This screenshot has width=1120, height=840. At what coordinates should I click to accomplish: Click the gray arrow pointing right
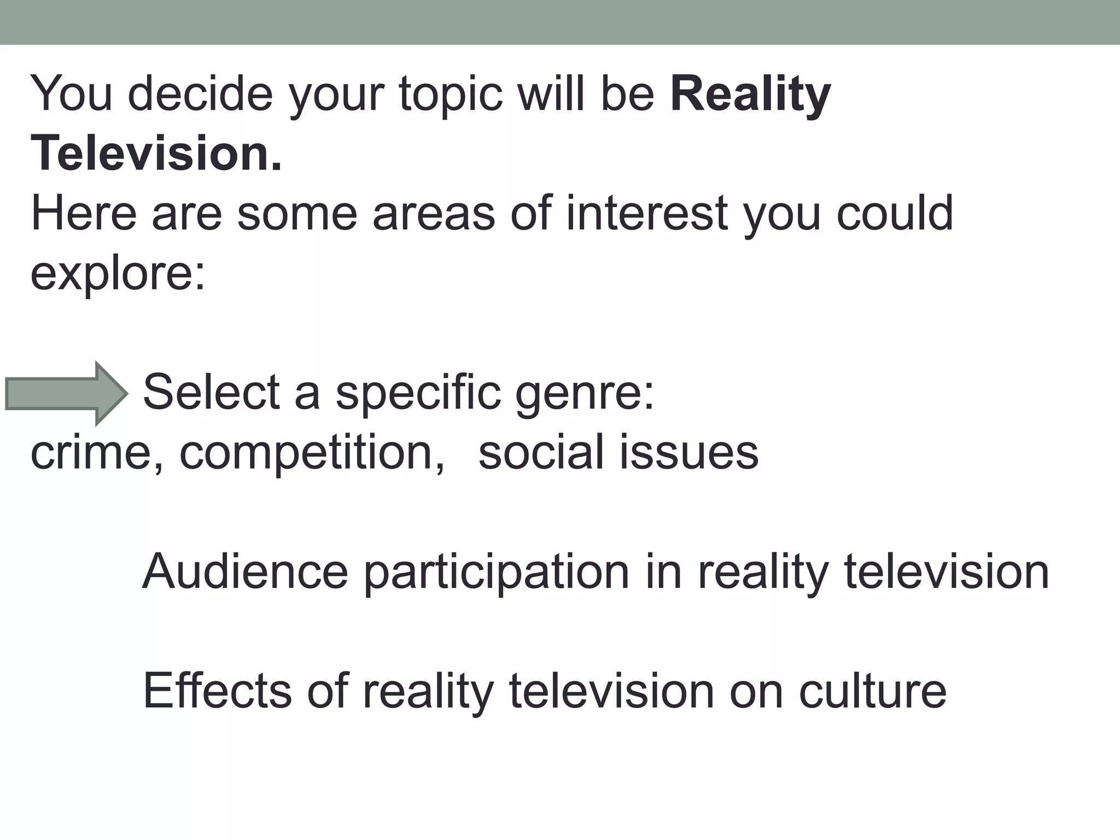[66, 393]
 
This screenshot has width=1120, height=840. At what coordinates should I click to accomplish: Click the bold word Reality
[750, 95]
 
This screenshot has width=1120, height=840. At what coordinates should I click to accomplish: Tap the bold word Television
[156, 154]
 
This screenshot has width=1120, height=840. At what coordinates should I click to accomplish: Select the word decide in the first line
[200, 95]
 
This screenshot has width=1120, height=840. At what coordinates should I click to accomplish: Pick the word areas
[434, 213]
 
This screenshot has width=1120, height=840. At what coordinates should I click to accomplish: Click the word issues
[689, 452]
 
